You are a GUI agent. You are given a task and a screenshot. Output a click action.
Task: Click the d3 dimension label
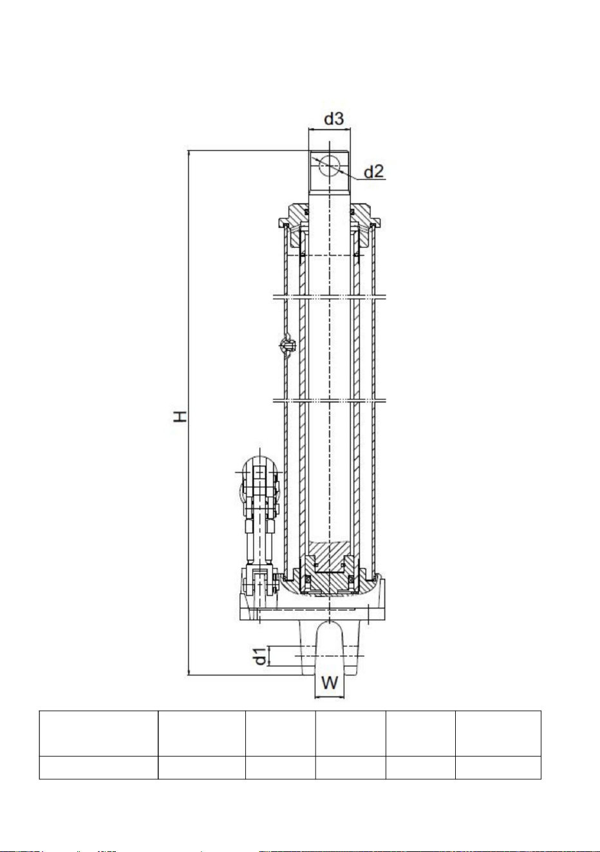tap(334, 119)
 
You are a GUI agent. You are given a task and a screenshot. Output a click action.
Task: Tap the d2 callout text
tap(374, 172)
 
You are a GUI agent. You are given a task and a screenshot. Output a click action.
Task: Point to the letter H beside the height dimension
tap(180, 416)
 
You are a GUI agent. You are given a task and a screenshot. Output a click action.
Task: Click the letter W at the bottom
tap(329, 683)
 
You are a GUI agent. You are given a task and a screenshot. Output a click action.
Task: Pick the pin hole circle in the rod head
tap(329, 166)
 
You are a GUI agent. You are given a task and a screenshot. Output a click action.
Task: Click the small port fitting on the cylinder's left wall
tap(288, 345)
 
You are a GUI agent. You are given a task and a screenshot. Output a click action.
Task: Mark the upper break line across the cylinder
tap(329, 296)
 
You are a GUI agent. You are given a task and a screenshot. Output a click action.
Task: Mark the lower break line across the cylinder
tap(329, 401)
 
